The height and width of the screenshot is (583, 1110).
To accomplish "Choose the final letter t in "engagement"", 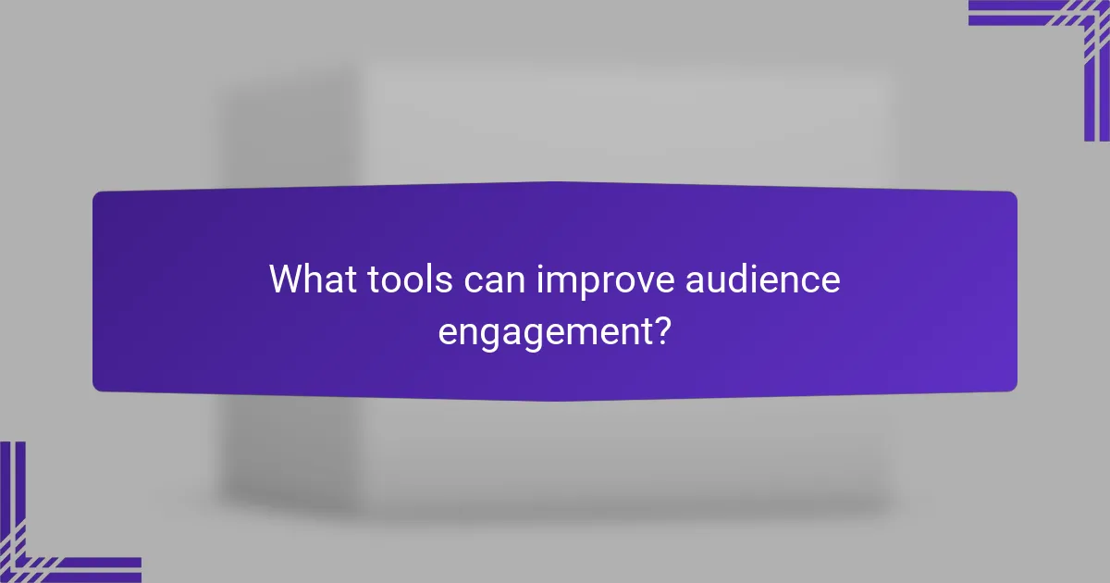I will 644,329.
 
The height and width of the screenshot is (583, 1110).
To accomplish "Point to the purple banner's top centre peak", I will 555,182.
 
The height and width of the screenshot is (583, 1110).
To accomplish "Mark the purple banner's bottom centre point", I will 555,400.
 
